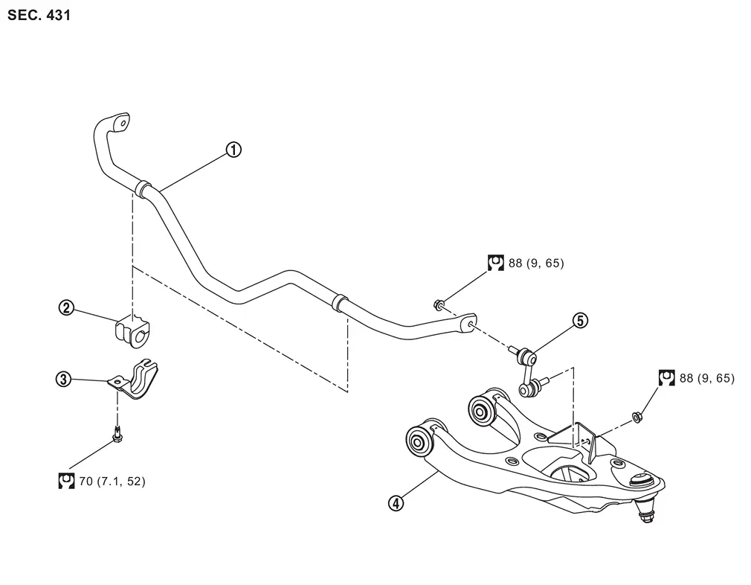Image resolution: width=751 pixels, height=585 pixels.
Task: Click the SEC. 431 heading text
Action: [x=39, y=15]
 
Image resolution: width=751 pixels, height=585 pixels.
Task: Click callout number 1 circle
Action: [x=233, y=150]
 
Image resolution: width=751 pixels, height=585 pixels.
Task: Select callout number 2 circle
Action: [x=66, y=307]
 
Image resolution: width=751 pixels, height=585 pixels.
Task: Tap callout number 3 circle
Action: [x=63, y=380]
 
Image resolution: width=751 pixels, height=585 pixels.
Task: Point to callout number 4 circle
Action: [x=396, y=503]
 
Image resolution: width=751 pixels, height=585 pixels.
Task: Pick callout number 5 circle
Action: [x=580, y=320]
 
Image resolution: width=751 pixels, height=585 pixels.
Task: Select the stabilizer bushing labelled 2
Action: [x=132, y=330]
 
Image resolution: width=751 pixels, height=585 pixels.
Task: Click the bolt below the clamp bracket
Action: [x=117, y=433]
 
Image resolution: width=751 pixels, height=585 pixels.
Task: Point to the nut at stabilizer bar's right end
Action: [x=438, y=304]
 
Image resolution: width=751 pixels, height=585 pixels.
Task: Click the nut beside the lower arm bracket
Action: [x=637, y=418]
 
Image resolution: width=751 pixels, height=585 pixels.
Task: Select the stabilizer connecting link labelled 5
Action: [x=529, y=371]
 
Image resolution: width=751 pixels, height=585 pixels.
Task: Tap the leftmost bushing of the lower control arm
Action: [x=419, y=439]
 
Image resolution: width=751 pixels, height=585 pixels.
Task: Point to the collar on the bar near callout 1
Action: [x=144, y=188]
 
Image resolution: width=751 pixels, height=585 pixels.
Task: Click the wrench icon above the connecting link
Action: [x=496, y=263]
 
